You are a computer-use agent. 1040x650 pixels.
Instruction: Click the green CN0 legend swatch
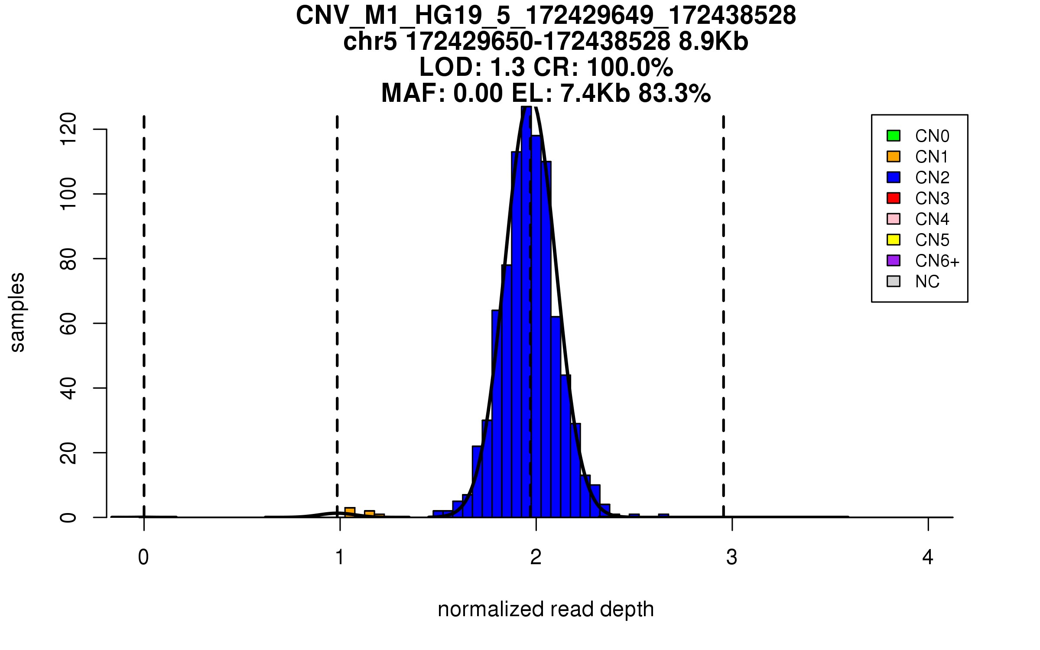click(894, 136)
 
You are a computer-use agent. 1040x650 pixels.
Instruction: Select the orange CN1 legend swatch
click(894, 156)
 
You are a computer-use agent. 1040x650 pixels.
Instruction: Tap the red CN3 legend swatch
click(894, 198)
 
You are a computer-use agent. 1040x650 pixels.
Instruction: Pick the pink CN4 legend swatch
click(894, 219)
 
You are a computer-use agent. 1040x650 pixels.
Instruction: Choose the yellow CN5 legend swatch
click(894, 240)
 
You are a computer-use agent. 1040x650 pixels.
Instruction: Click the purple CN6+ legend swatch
click(894, 260)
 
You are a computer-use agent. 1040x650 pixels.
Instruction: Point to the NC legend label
click(927, 282)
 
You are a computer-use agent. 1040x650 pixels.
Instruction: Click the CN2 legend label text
click(932, 178)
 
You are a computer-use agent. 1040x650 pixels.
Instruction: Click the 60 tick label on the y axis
click(68, 323)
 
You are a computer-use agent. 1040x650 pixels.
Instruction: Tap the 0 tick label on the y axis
click(68, 517)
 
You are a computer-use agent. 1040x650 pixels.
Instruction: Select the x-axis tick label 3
click(732, 557)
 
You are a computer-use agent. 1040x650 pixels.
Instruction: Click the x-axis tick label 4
click(928, 557)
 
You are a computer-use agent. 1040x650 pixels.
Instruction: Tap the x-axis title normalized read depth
click(546, 609)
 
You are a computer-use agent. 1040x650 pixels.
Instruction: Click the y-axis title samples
click(17, 312)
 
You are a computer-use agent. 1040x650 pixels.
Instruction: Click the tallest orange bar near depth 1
click(350, 512)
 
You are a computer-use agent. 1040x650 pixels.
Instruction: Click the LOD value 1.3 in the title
click(507, 67)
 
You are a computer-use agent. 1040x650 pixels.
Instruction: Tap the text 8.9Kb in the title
click(713, 42)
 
